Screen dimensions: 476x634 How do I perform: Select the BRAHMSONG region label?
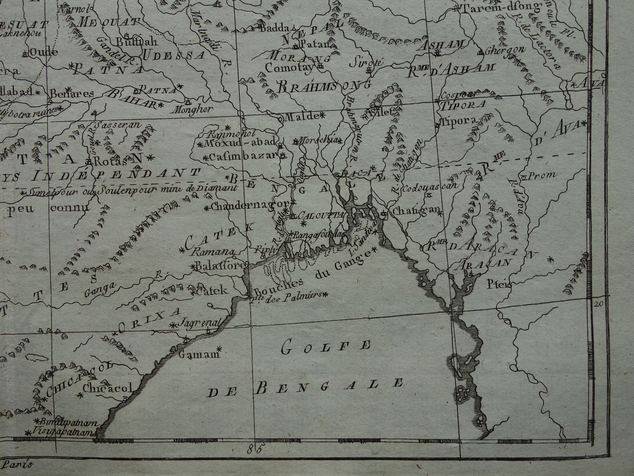click(x=324, y=86)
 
